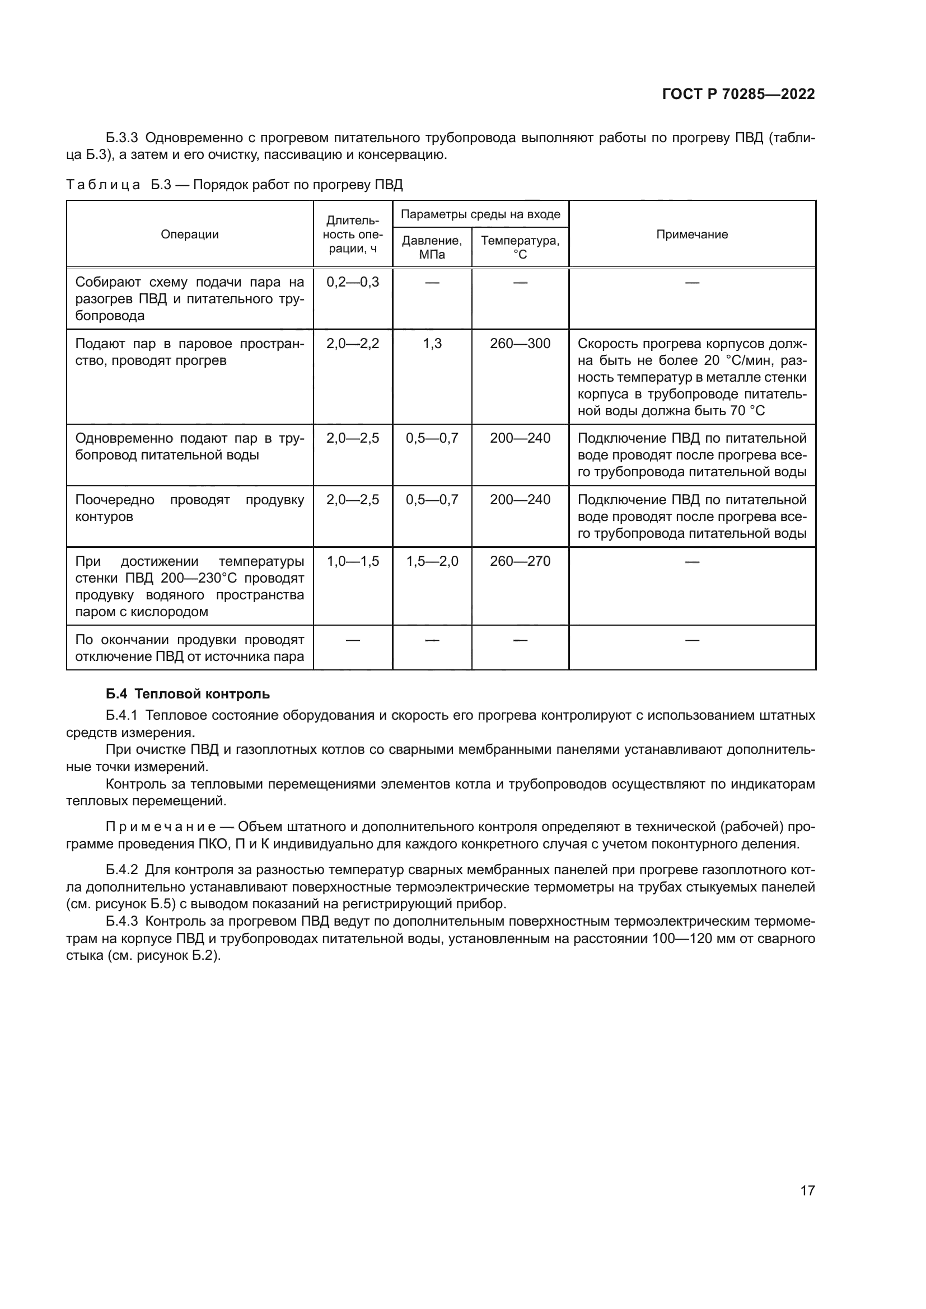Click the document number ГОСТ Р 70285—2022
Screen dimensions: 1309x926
pos(738,94)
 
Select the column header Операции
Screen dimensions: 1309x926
pos(189,234)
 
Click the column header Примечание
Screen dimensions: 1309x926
pos(691,234)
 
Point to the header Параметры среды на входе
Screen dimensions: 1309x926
pos(480,214)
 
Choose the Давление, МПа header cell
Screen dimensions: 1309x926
pos(432,247)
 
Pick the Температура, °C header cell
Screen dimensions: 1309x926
pos(520,247)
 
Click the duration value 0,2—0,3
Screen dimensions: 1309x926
pos(352,282)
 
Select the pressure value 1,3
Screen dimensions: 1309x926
pos(432,344)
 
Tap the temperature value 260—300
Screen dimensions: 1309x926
pos(520,344)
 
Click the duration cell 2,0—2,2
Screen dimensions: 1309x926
pos(352,344)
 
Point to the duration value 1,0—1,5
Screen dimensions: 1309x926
pos(352,561)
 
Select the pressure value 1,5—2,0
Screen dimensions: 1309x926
pos(432,561)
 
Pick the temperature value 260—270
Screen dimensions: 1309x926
pos(520,561)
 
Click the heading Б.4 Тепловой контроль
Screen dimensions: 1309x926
pos(188,695)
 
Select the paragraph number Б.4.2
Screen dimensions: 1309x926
pos(121,870)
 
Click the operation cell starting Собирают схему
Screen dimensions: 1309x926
pos(189,299)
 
